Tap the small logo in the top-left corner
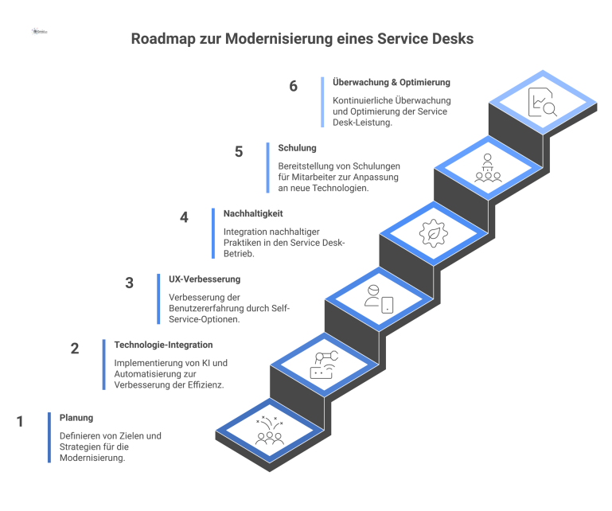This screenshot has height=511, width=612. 40,33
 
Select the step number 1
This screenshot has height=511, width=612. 21,422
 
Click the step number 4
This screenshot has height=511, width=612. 184,217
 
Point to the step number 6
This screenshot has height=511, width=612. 294,86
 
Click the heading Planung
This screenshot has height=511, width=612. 76,417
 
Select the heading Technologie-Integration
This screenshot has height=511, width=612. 163,345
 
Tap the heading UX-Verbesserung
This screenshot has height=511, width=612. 205,279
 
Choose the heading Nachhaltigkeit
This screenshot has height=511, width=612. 253,213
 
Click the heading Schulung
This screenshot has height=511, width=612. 298,148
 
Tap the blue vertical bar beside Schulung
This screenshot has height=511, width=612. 267,168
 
